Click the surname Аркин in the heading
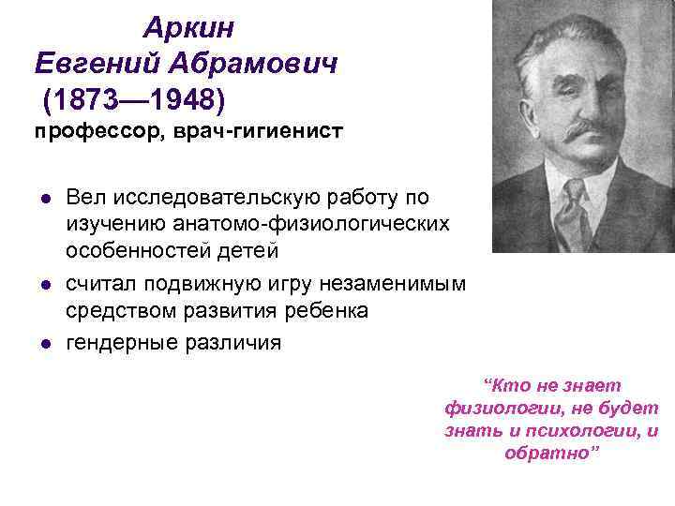tap(188, 29)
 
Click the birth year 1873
tap(89, 97)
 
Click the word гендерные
tap(119, 342)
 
